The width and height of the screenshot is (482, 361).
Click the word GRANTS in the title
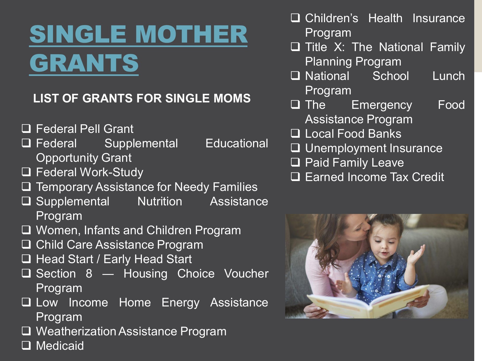click(84, 63)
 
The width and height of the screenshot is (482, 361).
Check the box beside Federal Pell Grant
click(26, 129)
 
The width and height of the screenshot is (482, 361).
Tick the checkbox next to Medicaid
click(26, 345)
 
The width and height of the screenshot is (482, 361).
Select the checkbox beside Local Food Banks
click(295, 133)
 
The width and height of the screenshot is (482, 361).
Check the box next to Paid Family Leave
click(295, 162)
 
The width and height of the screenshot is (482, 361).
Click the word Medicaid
click(60, 345)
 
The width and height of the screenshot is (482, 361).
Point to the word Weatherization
click(76, 331)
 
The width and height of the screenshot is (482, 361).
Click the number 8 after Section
click(89, 274)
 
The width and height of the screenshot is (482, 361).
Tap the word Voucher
click(246, 274)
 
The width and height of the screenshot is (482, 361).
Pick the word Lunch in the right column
click(449, 76)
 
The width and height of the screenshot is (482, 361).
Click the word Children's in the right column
click(332, 18)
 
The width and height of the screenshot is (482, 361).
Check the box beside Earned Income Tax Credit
click(295, 177)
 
